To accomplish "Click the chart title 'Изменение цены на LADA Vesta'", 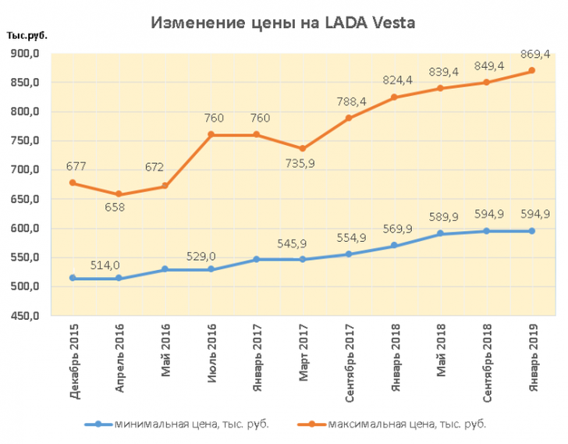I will pyautogui.click(x=283, y=23).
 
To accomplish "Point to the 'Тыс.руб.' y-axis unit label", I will pyautogui.click(x=26, y=37).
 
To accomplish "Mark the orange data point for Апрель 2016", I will pyautogui.click(x=119, y=194).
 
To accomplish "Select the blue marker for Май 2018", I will pyautogui.click(x=440, y=233).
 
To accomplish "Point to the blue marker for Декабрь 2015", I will pyautogui.click(x=73, y=278).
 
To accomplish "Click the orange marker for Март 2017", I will pyautogui.click(x=303, y=149).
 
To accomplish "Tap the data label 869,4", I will pyautogui.click(x=531, y=54).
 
